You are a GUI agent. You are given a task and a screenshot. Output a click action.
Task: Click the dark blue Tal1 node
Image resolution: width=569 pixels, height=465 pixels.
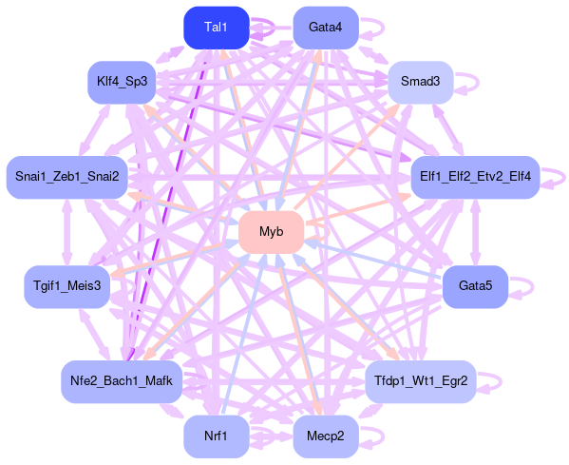(x=217, y=28)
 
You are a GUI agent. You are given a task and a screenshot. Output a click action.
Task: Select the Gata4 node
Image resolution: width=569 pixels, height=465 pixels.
(x=326, y=28)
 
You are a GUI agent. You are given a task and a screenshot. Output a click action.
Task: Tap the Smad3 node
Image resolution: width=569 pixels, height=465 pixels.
(x=421, y=82)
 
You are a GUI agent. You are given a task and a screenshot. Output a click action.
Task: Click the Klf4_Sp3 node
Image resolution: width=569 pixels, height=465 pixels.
(x=122, y=82)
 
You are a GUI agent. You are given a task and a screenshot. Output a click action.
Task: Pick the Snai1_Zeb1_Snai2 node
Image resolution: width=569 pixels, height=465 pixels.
(x=67, y=177)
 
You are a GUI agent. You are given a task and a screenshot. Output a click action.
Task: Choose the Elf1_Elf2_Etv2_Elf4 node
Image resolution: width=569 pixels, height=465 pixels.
(x=475, y=177)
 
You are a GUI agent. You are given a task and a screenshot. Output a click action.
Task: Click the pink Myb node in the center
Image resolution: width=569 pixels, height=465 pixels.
(x=272, y=232)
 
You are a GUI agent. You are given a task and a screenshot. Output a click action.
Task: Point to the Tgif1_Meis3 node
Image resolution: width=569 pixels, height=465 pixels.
(x=67, y=286)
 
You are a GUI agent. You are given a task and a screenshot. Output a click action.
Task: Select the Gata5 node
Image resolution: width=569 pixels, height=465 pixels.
(x=475, y=286)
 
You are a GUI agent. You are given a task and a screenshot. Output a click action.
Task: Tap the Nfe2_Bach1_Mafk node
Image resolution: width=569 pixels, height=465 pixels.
(x=122, y=382)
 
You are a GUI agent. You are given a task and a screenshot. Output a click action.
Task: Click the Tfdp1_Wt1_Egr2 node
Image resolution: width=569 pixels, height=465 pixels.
(x=421, y=382)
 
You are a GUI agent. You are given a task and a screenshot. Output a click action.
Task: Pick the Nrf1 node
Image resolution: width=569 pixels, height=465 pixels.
(x=217, y=436)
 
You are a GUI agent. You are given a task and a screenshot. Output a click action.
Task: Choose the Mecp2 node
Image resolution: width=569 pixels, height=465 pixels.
(x=326, y=436)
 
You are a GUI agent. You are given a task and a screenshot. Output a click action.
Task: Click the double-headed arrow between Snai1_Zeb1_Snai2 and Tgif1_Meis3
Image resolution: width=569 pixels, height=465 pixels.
(x=67, y=232)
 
